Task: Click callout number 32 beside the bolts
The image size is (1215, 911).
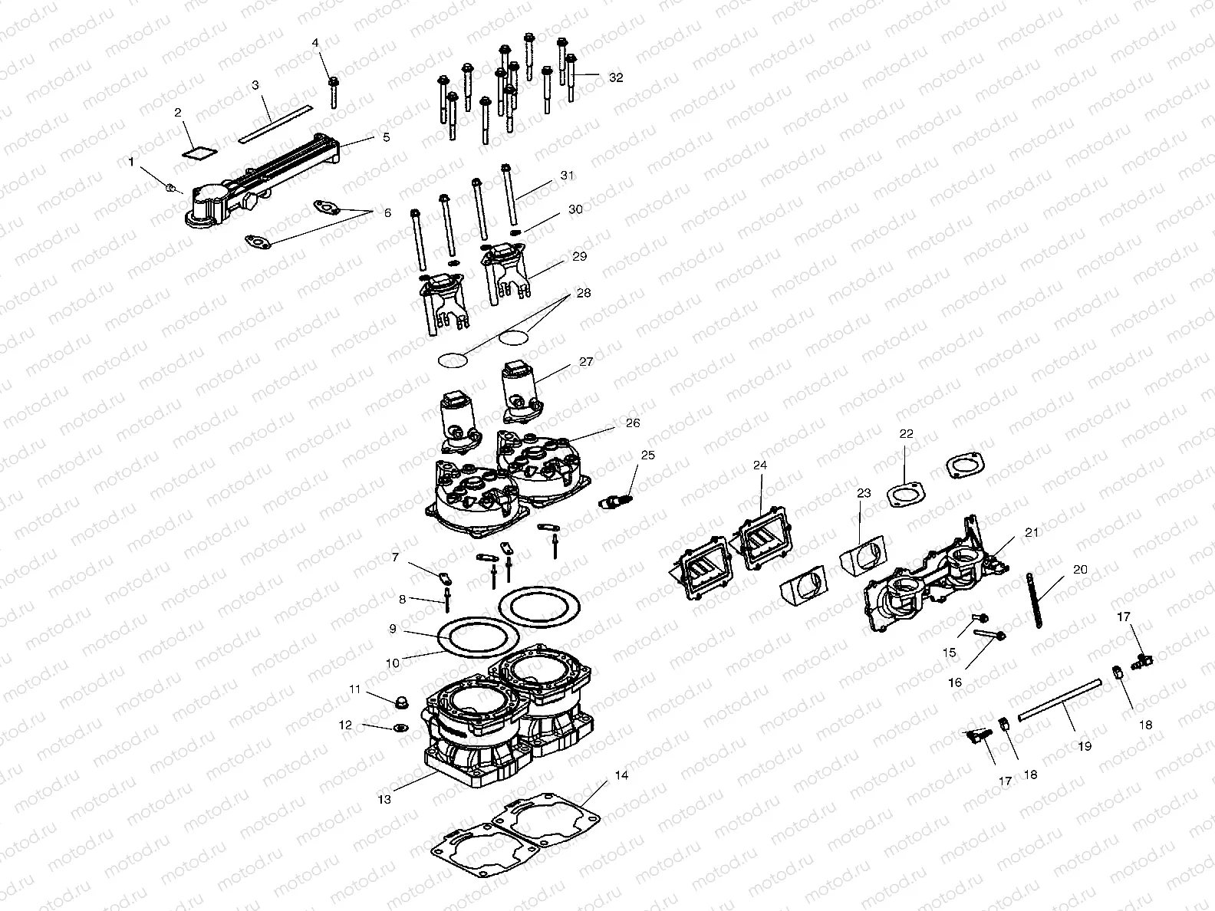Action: (616, 77)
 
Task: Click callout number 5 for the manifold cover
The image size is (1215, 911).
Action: (385, 137)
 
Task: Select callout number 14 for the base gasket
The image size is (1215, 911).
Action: (621, 775)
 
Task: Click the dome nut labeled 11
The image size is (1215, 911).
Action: (399, 702)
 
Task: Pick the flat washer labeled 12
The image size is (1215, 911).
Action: (398, 728)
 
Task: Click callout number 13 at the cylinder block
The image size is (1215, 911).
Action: (384, 799)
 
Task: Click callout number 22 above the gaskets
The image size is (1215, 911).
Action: (907, 433)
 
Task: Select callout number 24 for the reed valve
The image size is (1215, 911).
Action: (759, 465)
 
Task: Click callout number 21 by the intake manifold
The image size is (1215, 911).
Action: (1031, 532)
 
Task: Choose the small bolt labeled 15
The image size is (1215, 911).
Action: (980, 617)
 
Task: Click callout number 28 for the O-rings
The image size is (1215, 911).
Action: (584, 293)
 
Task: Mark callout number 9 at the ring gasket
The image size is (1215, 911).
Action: (392, 629)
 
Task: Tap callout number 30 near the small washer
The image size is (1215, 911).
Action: (575, 209)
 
